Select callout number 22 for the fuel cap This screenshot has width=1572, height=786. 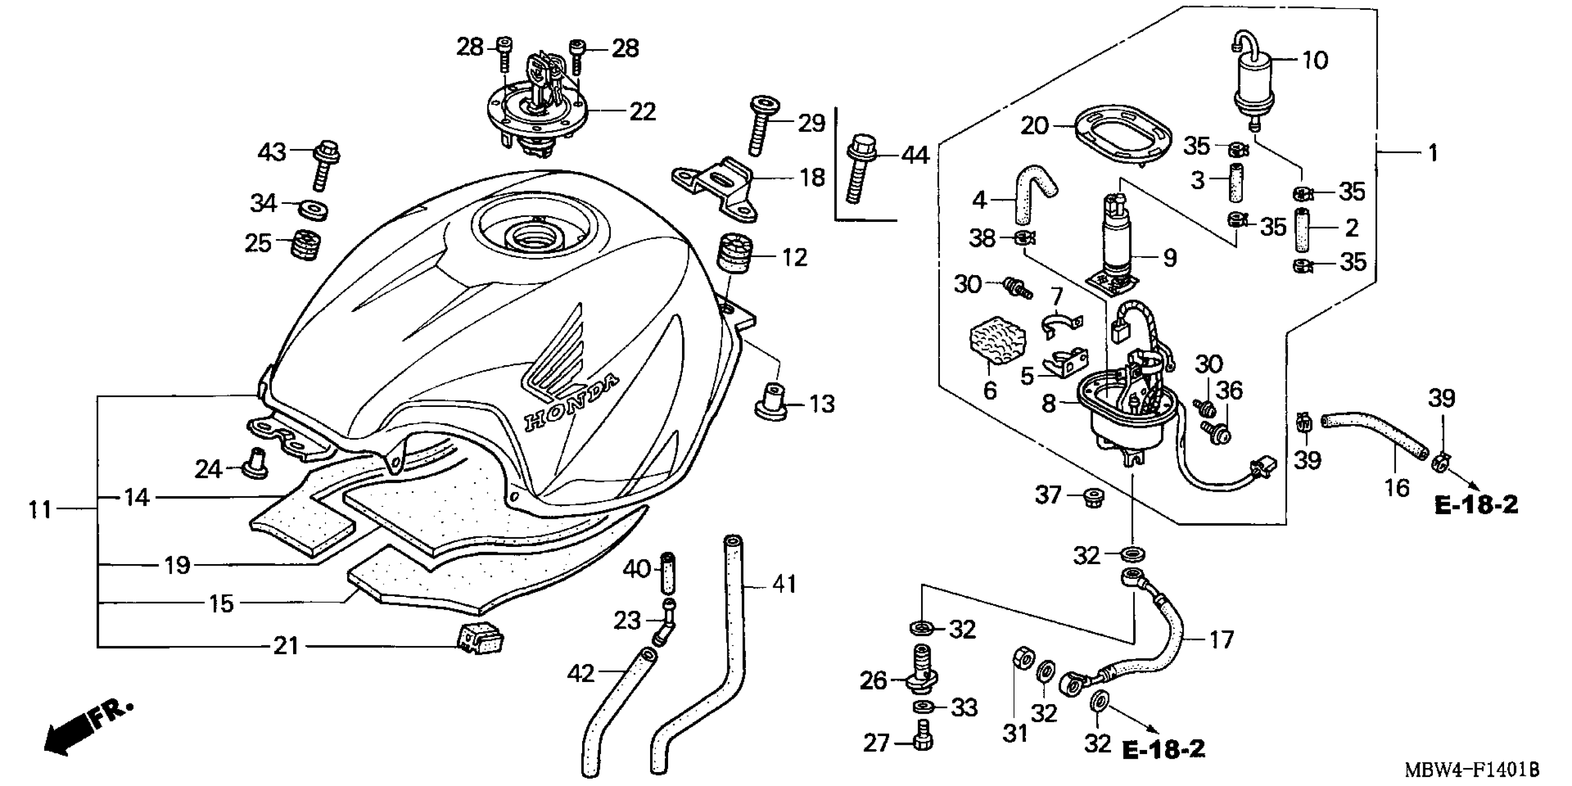(x=642, y=112)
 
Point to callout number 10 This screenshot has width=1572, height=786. (x=1315, y=61)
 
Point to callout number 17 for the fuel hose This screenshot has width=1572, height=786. (x=1221, y=639)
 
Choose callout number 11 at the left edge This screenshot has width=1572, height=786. (x=40, y=510)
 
